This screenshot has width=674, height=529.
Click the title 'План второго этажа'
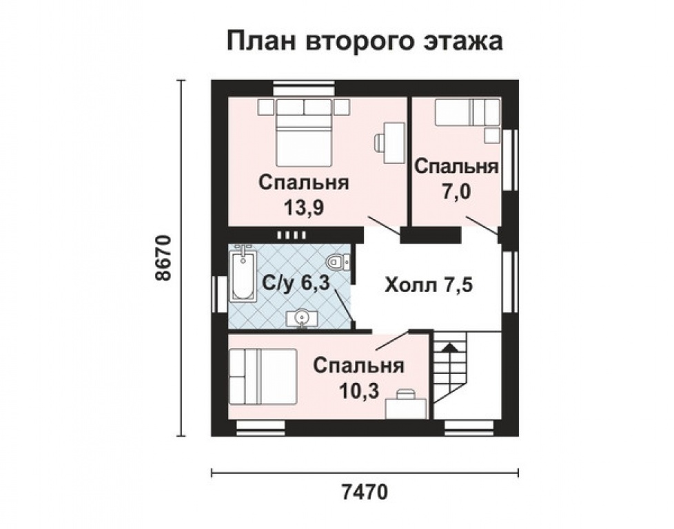click(365, 41)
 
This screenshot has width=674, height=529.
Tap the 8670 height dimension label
click(163, 258)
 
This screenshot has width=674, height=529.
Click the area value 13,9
click(303, 207)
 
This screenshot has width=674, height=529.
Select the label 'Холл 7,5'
click(428, 284)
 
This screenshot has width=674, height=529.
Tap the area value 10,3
click(358, 391)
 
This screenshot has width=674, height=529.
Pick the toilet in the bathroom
click(336, 261)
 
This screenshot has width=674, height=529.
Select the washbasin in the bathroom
click(300, 317)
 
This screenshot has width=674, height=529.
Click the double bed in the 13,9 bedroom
click(305, 138)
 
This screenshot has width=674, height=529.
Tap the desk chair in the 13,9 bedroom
click(380, 143)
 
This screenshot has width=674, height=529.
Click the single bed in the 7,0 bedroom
click(467, 112)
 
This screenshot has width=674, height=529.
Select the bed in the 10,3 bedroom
click(263, 377)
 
